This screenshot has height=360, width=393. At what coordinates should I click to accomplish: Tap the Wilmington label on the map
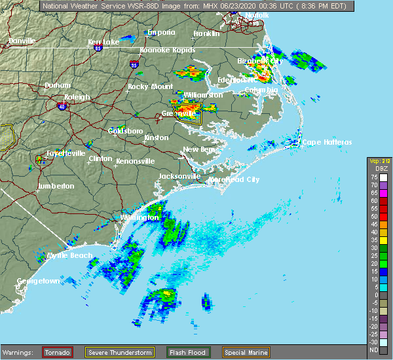pyautogui.click(x=140, y=217)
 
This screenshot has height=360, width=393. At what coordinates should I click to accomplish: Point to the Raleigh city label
pyautogui.click(x=77, y=97)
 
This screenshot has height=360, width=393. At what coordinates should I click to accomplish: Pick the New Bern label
pyautogui.click(x=199, y=150)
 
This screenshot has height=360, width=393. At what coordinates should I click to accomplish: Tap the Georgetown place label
pyautogui.click(x=39, y=281)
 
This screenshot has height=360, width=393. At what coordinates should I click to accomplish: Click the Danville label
pyautogui.click(x=22, y=41)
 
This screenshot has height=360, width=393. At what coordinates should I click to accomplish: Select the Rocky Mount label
pyautogui.click(x=147, y=86)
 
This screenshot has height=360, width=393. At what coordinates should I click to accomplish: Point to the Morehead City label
pyautogui.click(x=235, y=179)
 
